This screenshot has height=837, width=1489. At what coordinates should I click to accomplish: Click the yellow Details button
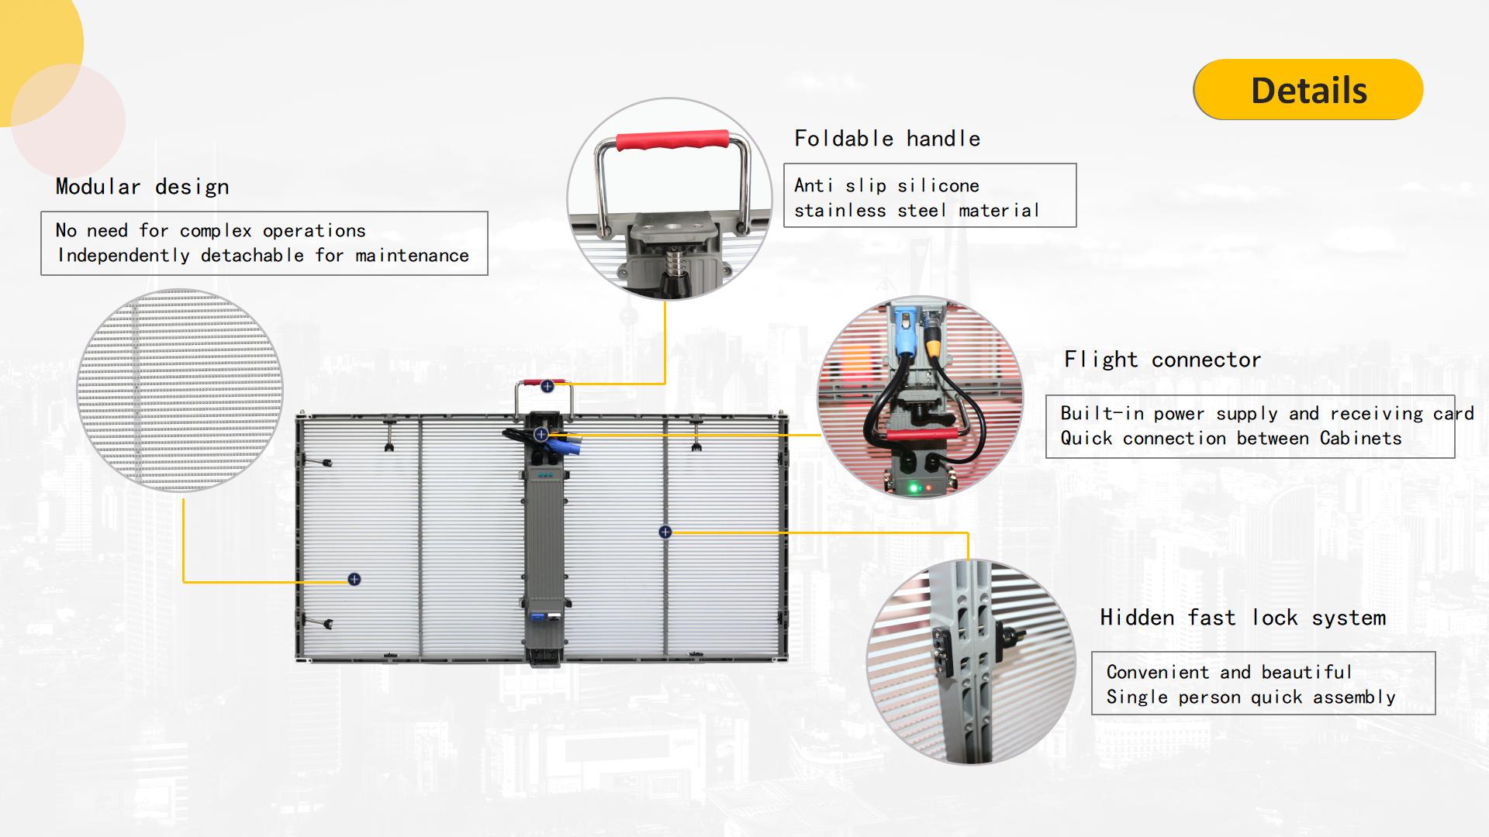click(1308, 89)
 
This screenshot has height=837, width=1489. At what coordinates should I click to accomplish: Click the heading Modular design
click(142, 187)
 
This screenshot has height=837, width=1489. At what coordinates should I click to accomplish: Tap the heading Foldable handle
click(887, 139)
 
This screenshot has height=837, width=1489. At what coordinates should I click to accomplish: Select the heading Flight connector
click(1163, 360)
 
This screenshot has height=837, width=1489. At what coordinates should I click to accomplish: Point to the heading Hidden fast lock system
click(1242, 618)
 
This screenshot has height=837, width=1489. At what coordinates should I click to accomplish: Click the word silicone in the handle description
click(938, 186)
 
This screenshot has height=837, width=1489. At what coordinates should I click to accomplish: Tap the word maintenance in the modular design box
click(412, 256)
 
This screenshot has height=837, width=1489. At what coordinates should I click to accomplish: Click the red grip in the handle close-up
click(672, 140)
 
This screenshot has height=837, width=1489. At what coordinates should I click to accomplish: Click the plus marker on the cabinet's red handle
click(548, 386)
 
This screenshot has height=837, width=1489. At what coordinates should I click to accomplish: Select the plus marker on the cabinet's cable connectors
click(541, 435)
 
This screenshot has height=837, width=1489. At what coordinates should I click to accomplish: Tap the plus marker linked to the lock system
click(665, 532)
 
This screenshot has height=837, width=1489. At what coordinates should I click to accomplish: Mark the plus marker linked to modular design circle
click(354, 580)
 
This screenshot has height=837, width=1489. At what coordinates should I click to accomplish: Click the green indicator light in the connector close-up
click(914, 488)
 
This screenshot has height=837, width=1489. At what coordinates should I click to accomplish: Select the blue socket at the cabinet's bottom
click(536, 618)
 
